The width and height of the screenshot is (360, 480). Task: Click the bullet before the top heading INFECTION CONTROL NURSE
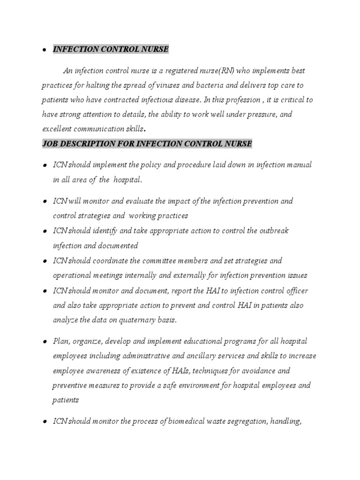coord(44,50)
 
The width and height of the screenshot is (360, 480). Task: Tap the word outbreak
coord(272,231)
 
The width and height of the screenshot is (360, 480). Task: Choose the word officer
coord(295,291)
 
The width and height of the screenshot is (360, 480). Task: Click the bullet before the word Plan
coord(44,342)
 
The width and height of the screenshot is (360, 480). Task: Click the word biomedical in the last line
coord(177,422)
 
